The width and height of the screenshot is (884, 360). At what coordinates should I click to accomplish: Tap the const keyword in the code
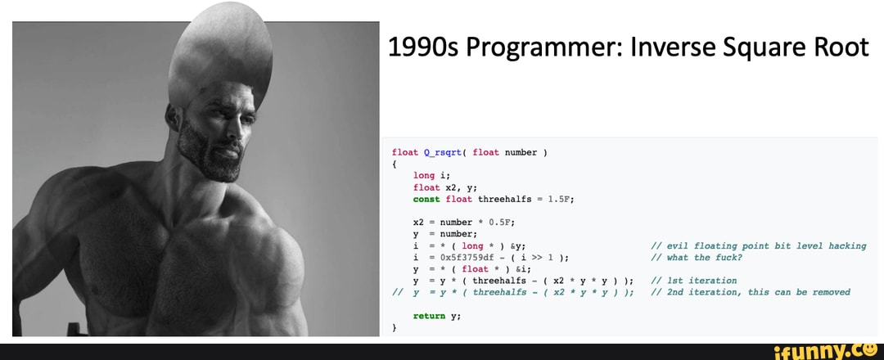pyautogui.click(x=426, y=200)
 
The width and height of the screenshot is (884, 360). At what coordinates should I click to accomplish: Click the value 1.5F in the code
pyautogui.click(x=560, y=200)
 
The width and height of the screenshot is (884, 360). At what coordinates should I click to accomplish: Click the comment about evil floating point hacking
pyautogui.click(x=758, y=246)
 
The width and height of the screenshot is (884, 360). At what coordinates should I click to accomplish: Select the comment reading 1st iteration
pyautogui.click(x=694, y=281)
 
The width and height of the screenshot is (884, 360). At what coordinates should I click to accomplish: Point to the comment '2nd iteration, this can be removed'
pyautogui.click(x=751, y=292)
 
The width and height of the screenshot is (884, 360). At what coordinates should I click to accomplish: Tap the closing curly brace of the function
pyautogui.click(x=395, y=328)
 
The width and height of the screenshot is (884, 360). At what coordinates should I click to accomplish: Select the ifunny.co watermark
pyautogui.click(x=826, y=353)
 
